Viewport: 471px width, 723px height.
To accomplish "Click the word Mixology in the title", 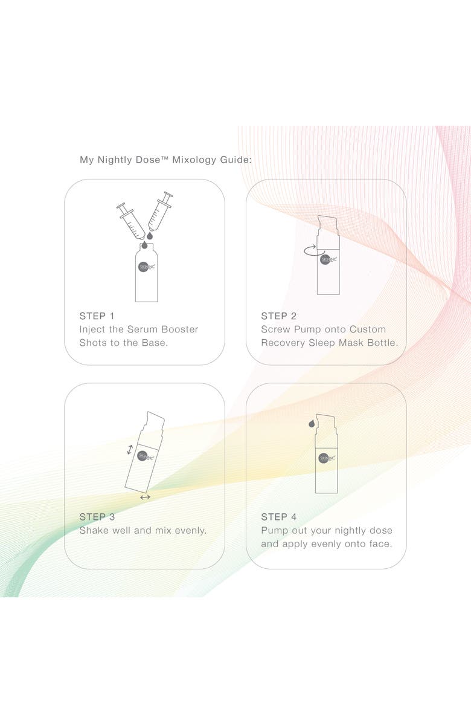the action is [194, 160].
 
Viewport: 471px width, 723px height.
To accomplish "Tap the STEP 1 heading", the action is [97, 316].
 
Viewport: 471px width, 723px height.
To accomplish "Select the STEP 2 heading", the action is [278, 316].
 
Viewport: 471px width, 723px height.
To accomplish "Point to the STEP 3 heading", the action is [97, 517].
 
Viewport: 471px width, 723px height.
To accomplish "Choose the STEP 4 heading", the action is [278, 517].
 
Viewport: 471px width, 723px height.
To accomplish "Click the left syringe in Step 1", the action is [131, 221].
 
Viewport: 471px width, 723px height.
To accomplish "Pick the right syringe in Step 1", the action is [159, 212].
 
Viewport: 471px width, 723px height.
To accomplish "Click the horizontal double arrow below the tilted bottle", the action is [145, 497].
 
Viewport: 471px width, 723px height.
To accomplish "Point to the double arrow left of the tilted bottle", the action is [130, 449].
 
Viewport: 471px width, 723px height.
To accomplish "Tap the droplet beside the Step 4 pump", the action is [312, 423].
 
